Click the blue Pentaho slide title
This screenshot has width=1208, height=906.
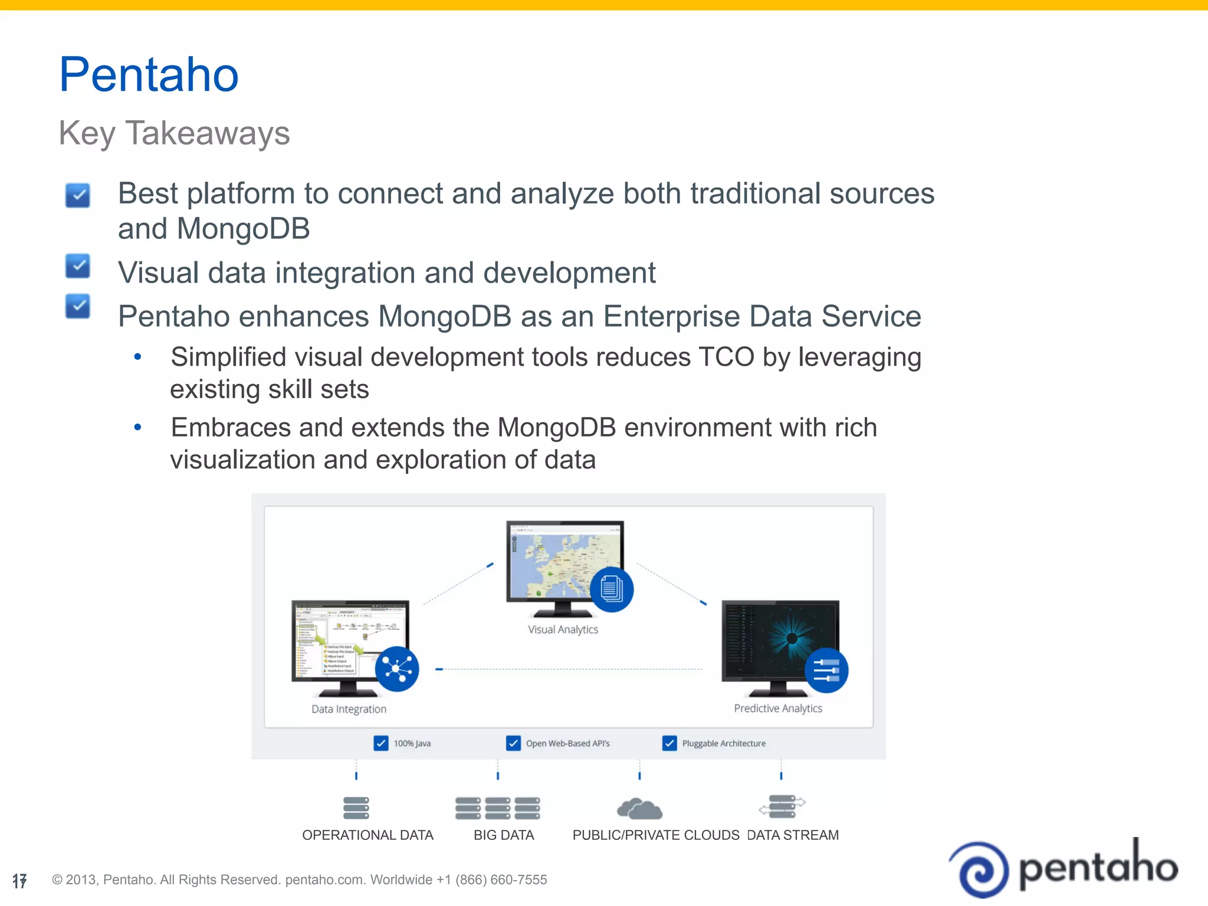(x=149, y=75)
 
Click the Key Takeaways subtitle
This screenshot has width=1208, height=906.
(x=174, y=133)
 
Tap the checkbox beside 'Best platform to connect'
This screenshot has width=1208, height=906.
(x=78, y=195)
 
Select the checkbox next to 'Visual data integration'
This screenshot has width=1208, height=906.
(x=78, y=266)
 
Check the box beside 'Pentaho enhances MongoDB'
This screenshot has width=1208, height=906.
(x=78, y=306)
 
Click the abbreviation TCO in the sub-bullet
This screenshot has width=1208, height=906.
(x=726, y=357)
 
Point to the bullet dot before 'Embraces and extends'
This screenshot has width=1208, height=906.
(x=138, y=427)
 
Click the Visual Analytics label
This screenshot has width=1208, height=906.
(x=563, y=630)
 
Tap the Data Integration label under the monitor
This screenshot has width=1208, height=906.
(x=349, y=710)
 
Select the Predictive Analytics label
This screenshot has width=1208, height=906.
(x=777, y=708)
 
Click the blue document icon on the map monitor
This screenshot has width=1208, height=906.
(x=612, y=589)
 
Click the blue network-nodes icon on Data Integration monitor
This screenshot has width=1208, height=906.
(x=397, y=669)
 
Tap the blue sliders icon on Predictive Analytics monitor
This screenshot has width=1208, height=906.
(x=826, y=671)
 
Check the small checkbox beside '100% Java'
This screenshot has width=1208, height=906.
(x=381, y=743)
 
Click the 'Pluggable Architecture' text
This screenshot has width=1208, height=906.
(x=724, y=744)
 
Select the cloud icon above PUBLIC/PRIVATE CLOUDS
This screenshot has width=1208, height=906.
(x=639, y=809)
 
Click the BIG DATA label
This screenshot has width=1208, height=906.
(x=504, y=835)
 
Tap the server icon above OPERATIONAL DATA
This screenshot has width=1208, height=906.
(x=356, y=808)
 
